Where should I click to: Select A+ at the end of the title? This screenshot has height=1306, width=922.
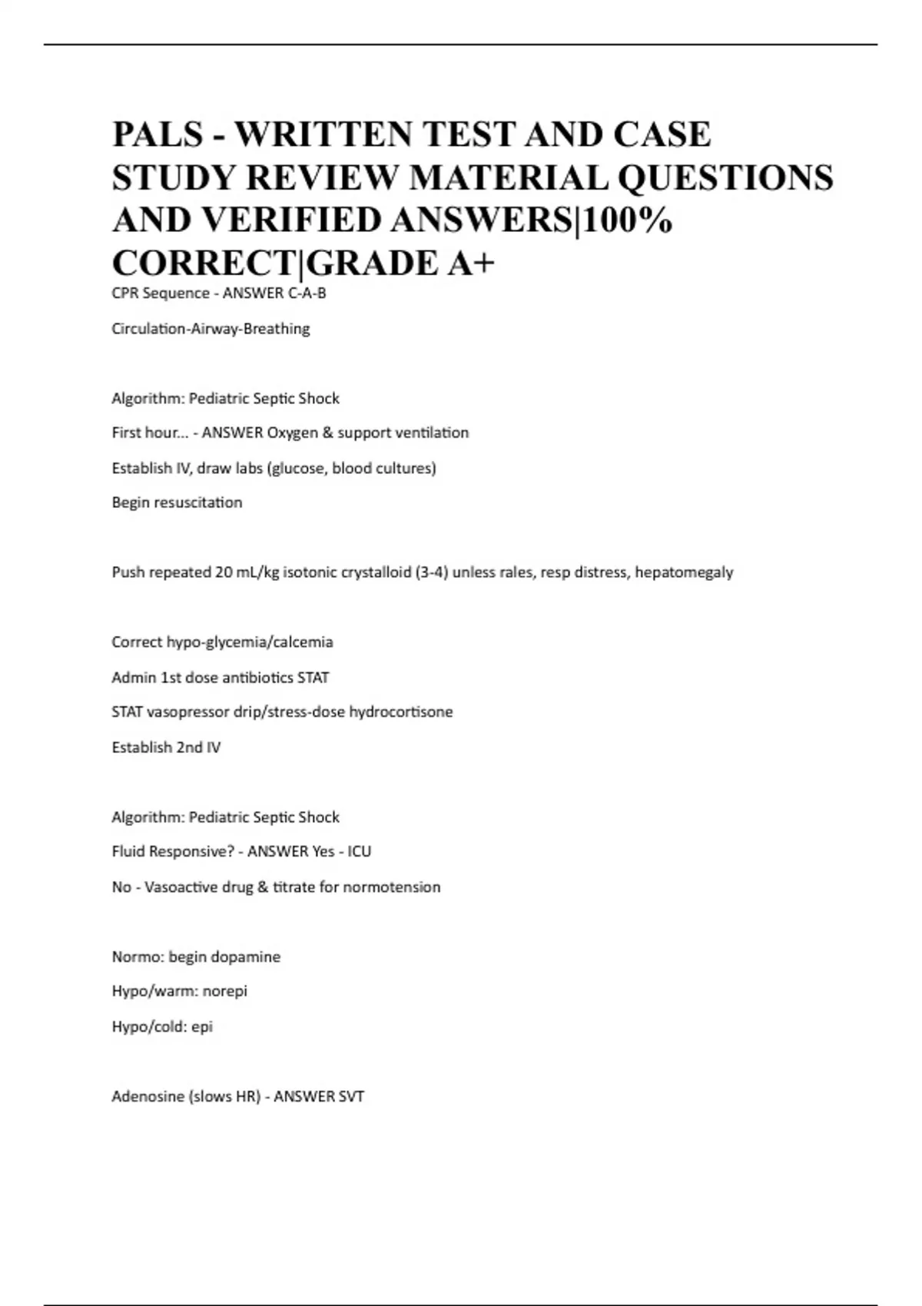click(x=469, y=263)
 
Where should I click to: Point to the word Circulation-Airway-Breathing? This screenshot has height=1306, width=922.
click(x=211, y=329)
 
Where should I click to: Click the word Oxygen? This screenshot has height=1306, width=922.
click(x=292, y=433)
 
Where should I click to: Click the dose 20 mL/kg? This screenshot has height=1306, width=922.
click(x=247, y=572)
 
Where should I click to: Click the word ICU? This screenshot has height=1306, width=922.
click(x=359, y=852)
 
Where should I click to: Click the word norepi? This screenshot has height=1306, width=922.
click(x=224, y=992)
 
